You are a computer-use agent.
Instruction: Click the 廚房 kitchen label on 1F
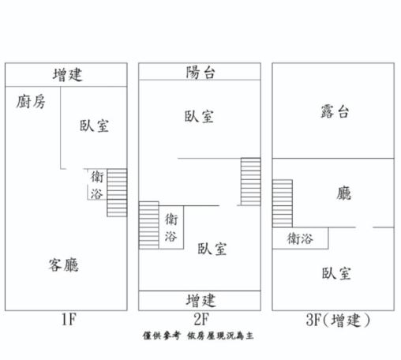(x=31, y=102)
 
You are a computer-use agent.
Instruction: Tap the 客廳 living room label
(x=63, y=264)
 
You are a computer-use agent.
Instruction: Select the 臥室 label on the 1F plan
(x=94, y=126)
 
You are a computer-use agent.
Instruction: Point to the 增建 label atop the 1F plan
(x=67, y=75)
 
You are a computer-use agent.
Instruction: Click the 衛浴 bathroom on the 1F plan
(x=96, y=184)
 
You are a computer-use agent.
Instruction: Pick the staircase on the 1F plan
(x=117, y=193)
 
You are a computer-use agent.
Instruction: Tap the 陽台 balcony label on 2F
(x=200, y=73)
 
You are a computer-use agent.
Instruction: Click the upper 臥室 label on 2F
(x=199, y=116)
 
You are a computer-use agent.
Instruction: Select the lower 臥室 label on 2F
(x=212, y=249)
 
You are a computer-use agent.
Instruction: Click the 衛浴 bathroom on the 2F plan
(x=171, y=227)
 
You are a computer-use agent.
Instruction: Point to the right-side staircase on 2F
(x=251, y=182)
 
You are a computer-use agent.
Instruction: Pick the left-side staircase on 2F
(x=149, y=225)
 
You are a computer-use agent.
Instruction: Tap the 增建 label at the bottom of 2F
(x=200, y=301)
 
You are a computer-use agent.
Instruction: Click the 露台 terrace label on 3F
(x=335, y=111)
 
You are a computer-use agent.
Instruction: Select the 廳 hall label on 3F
(x=343, y=193)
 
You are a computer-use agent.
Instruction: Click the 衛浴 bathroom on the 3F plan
(x=300, y=238)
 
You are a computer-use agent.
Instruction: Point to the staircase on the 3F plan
(x=283, y=204)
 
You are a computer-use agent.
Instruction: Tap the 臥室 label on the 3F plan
(x=336, y=273)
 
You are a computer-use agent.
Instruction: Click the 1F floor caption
(x=69, y=319)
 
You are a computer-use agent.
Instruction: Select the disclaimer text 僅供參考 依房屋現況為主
(x=198, y=336)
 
